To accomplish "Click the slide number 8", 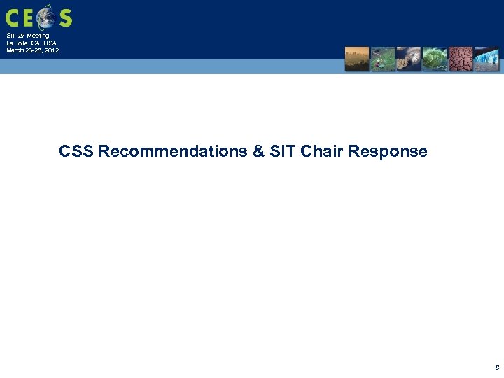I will point(496,366).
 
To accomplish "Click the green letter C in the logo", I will point(14,17).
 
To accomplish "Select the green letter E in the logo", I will point(30,17).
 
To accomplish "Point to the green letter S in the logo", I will point(65,17).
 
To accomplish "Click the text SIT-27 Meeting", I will point(28,36).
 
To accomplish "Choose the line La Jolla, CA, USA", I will point(31,43).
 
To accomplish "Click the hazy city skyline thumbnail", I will point(356,59).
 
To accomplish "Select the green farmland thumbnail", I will point(382,59).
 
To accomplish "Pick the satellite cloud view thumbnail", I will point(408,59).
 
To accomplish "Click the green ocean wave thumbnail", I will point(434,59).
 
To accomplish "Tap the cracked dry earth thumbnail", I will point(460,59).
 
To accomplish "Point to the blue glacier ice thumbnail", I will point(486,59).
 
